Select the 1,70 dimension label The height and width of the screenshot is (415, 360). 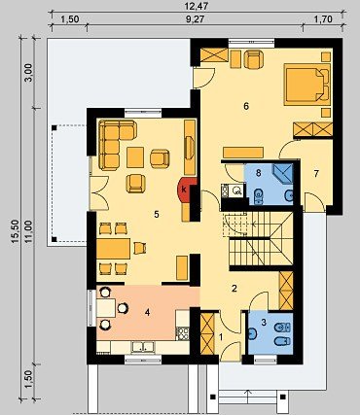click(323, 19)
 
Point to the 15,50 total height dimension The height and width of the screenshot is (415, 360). click(16, 231)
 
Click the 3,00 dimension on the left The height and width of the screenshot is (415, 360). click(29, 72)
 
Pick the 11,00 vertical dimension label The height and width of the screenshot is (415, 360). click(29, 231)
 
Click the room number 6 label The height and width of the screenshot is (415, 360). click(246, 106)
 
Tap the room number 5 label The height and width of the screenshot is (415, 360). click(157, 214)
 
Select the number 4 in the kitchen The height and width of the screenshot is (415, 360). click(148, 313)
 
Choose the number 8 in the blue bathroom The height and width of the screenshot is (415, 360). click(259, 173)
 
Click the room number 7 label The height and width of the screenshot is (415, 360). click(316, 174)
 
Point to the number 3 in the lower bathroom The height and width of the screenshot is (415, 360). click(264, 323)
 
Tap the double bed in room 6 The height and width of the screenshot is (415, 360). click(307, 85)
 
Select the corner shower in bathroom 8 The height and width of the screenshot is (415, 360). click(283, 174)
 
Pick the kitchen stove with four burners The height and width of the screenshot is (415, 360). click(183, 333)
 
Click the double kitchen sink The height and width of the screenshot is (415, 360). click(143, 347)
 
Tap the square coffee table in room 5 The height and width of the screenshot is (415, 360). click(135, 157)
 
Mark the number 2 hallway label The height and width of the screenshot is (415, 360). click(234, 288)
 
